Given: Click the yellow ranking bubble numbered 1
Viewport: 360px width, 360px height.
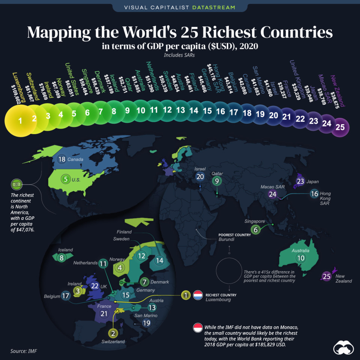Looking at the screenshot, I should pos(20,121).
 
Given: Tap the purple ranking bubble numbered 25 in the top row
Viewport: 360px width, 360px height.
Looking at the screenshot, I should pos(340,127).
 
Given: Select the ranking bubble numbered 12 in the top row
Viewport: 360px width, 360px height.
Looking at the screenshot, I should pos(167,110).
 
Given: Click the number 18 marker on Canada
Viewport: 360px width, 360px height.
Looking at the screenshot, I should pos(62,159).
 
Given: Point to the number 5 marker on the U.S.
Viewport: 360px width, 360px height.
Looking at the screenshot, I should pos(66,180).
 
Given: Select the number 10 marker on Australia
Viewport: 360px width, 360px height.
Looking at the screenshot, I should pos(300,258).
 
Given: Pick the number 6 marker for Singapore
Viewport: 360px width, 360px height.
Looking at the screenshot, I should pos(256,230).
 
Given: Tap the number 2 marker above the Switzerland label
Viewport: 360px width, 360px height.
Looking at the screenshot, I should pos(113,333).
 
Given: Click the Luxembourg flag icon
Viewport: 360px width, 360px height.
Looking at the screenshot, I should pos(198,295).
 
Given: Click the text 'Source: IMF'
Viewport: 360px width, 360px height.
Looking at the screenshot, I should pos(24,351).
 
